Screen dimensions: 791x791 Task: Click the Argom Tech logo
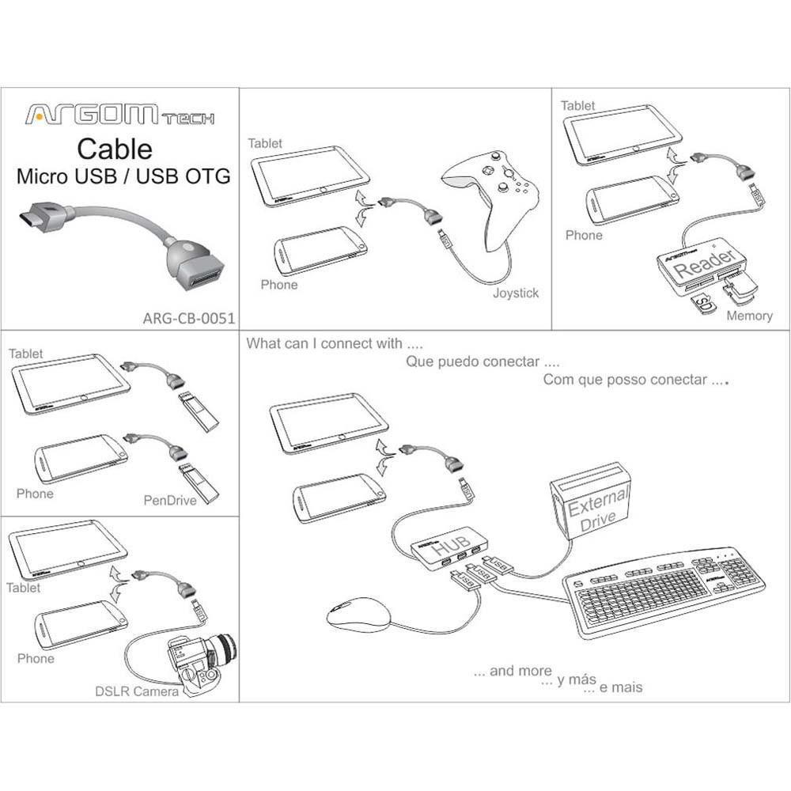tap(119, 115)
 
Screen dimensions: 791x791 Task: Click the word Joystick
tap(515, 293)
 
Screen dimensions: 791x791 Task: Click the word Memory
tap(748, 316)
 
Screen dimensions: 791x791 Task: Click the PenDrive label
tap(169, 500)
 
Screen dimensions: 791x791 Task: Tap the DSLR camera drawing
tap(201, 662)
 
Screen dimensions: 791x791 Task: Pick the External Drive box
tap(592, 502)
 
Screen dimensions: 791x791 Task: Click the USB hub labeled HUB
tap(449, 547)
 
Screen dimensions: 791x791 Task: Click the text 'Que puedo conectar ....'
tap(483, 362)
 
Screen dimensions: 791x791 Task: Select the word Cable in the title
tap(115, 149)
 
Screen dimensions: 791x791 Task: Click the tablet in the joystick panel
tap(310, 176)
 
